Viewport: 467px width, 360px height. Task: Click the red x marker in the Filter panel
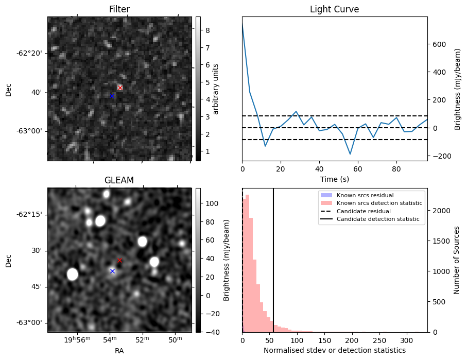coord(120,88)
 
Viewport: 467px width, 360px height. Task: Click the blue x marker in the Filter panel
coord(112,96)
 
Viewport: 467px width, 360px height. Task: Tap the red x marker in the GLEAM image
coord(119,261)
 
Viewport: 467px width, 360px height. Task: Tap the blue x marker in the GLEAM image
coord(112,271)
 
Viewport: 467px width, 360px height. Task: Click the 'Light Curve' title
coord(334,9)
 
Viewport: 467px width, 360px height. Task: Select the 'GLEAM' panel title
coord(119,180)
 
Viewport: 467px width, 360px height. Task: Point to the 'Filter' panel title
coord(119,9)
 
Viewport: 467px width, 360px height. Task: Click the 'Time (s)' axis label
coord(334,179)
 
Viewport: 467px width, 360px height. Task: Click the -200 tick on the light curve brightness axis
coord(441,156)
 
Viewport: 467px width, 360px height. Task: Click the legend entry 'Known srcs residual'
coord(365,196)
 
